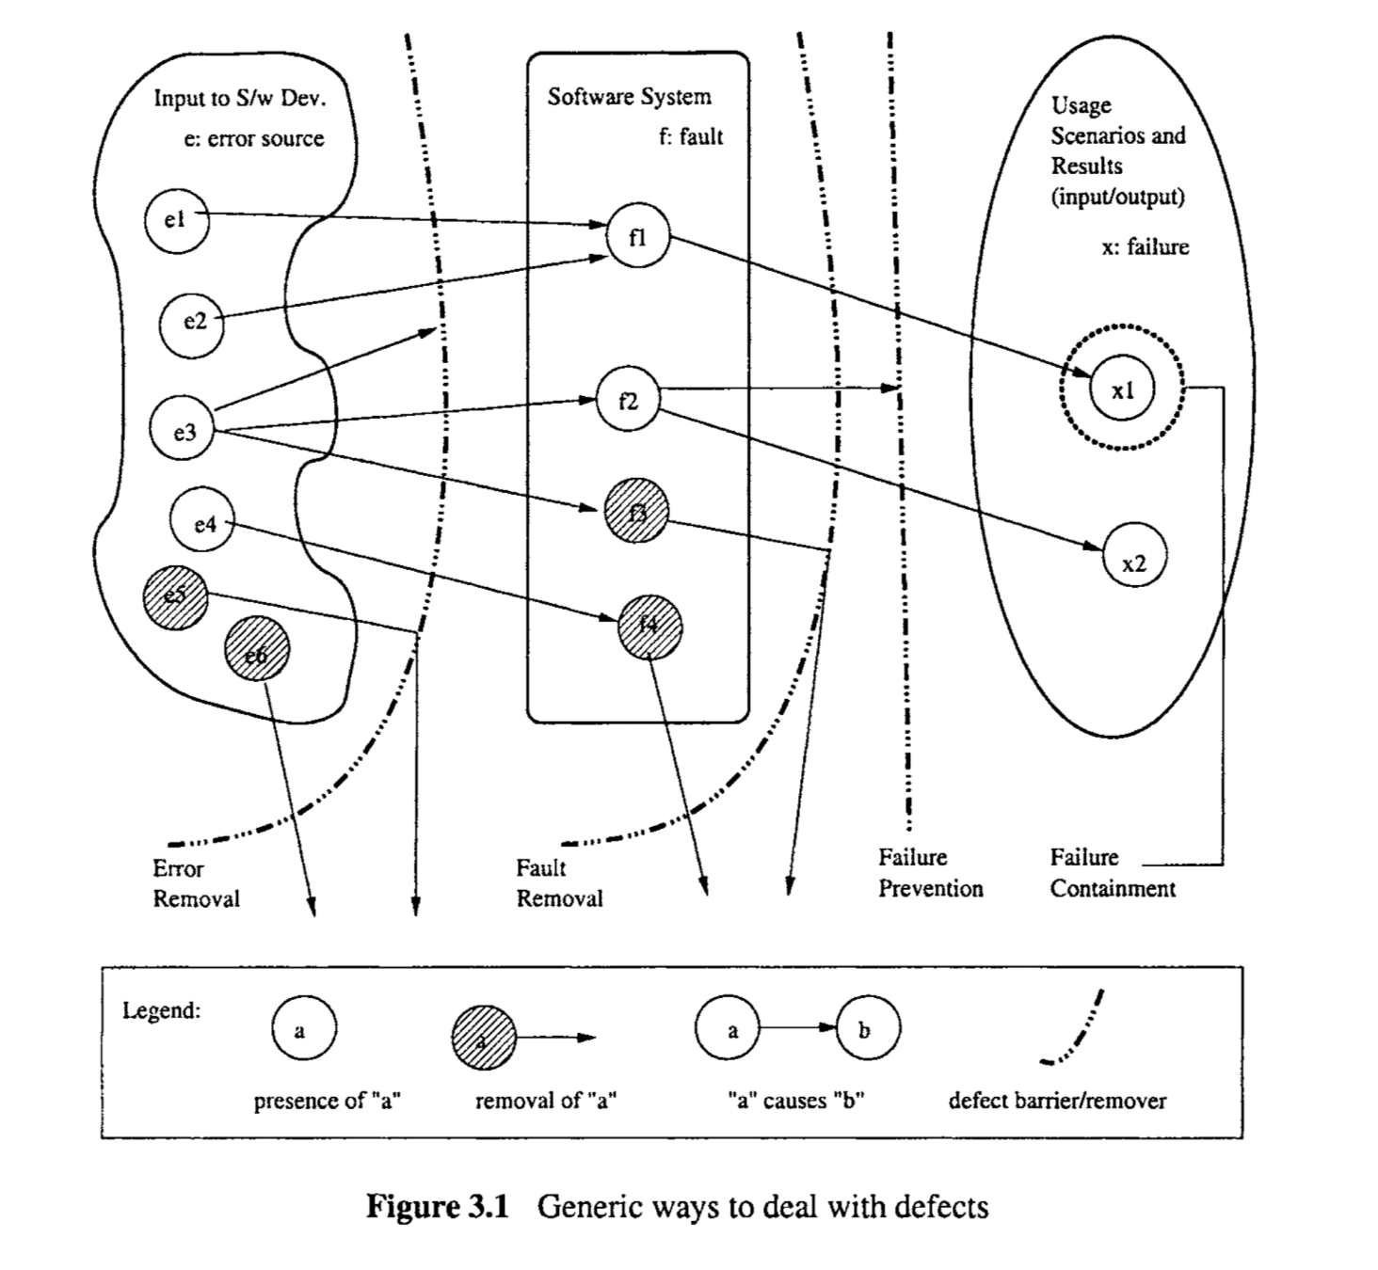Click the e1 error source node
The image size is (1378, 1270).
[176, 220]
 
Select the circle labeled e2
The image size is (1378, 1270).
[192, 322]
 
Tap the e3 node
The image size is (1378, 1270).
[183, 430]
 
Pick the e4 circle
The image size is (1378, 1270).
[203, 522]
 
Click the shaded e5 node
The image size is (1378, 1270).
[175, 596]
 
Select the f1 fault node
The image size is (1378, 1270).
[637, 237]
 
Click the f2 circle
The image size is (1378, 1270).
[628, 401]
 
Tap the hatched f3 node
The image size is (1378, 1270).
[636, 514]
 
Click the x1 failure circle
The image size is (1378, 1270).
[1122, 389]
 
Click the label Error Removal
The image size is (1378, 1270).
[195, 883]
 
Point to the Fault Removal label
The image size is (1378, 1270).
[559, 883]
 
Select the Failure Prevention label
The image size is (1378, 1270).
[930, 873]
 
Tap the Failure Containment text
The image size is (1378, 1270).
[1112, 873]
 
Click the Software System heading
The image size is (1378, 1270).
[629, 97]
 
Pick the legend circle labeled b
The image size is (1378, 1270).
[865, 1028]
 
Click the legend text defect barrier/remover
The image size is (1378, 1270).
[1057, 1101]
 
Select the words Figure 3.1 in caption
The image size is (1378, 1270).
[437, 1206]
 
